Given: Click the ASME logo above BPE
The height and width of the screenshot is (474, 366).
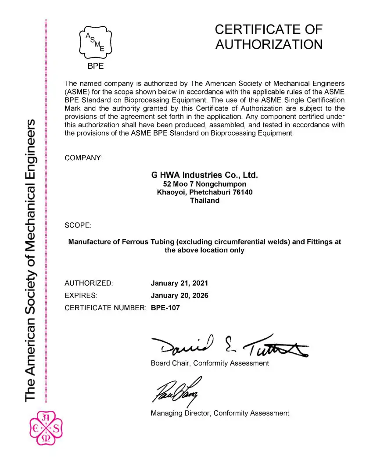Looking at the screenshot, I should [x=95, y=43].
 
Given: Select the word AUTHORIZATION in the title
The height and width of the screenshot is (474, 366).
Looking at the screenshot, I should [x=269, y=44].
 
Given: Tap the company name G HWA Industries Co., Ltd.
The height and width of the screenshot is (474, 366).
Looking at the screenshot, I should [x=205, y=175].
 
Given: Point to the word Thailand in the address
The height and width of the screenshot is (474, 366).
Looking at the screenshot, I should [x=205, y=201].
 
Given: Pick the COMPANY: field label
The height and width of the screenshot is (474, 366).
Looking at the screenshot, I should [x=83, y=158].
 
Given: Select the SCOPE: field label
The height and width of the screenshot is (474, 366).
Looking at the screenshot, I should [x=78, y=225].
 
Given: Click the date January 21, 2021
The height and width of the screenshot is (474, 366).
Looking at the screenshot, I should [x=179, y=283].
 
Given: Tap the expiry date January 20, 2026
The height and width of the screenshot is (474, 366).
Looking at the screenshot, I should [x=179, y=295].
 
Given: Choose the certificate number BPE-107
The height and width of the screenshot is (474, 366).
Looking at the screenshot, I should [x=165, y=308].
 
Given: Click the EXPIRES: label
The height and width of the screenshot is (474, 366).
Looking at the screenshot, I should [x=81, y=295].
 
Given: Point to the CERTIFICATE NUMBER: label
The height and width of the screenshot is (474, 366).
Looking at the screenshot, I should [x=105, y=308].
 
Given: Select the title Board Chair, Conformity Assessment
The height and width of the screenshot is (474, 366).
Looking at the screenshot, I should [x=210, y=363].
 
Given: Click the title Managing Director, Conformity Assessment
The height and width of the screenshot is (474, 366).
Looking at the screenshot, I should [x=220, y=413].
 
